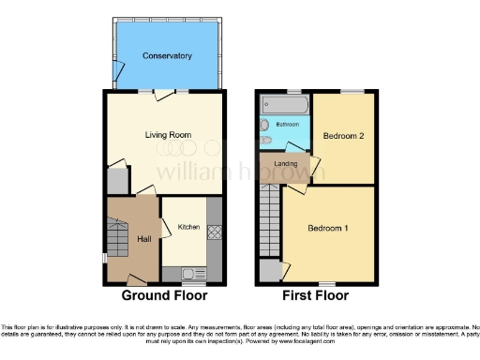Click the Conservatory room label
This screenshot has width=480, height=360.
167,56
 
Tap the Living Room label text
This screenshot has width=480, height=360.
168,135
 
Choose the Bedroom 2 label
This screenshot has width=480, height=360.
342,136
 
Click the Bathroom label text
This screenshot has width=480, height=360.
287,124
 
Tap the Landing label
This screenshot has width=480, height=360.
285,164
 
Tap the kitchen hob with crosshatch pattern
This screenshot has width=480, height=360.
213,230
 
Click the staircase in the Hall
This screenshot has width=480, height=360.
115,239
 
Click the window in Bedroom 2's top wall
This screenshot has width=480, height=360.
352,91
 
